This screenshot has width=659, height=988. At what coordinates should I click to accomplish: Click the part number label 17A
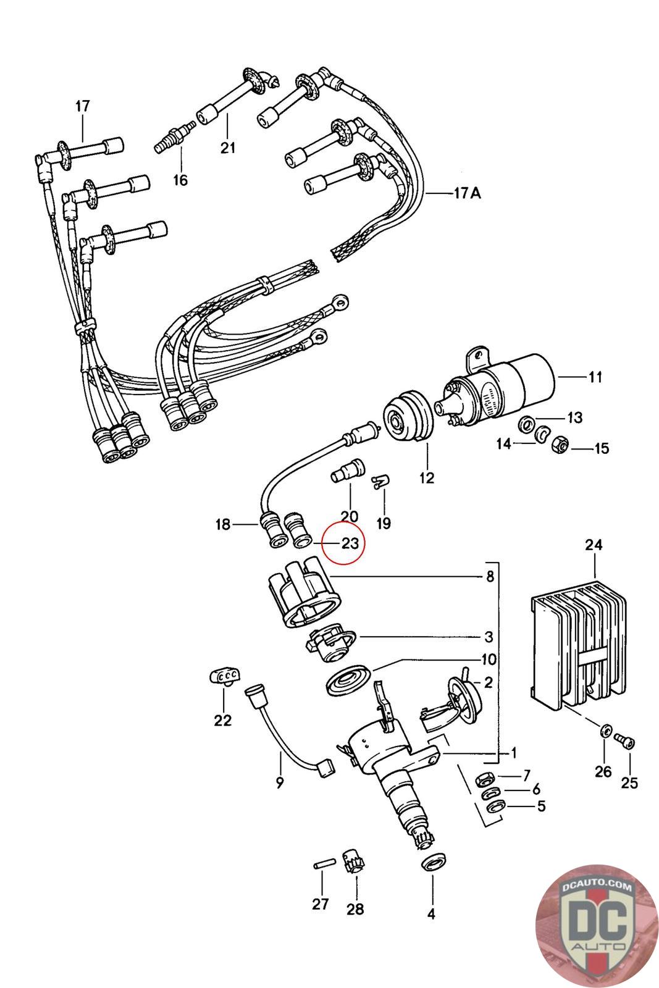click(x=468, y=193)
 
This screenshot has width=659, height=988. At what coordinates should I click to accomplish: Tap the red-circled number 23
click(x=350, y=543)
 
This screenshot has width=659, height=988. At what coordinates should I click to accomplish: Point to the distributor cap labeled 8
click(x=305, y=593)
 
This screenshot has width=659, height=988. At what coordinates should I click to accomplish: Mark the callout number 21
click(x=228, y=148)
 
